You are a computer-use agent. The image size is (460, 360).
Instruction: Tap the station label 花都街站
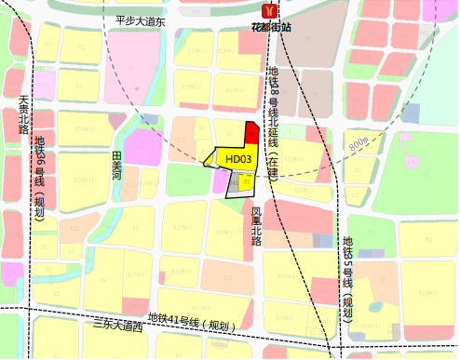click(271, 27)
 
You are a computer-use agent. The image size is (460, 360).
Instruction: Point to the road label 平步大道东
click(140, 20)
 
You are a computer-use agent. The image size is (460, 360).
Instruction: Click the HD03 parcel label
click(238, 159)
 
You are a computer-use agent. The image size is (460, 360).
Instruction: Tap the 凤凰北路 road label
click(257, 224)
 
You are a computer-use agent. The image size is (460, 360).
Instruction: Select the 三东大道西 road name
click(119, 327)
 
